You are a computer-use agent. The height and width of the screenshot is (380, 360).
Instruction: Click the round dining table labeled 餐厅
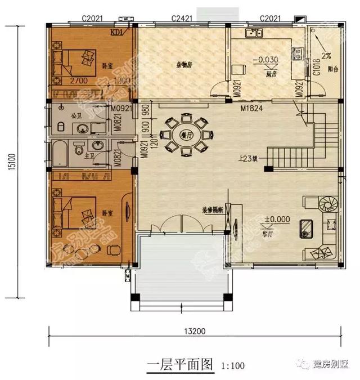183,136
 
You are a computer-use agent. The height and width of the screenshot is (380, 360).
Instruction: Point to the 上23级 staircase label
247,158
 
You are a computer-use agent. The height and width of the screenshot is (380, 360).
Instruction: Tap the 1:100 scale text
233,366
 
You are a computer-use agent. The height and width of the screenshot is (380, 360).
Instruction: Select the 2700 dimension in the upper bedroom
70,81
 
